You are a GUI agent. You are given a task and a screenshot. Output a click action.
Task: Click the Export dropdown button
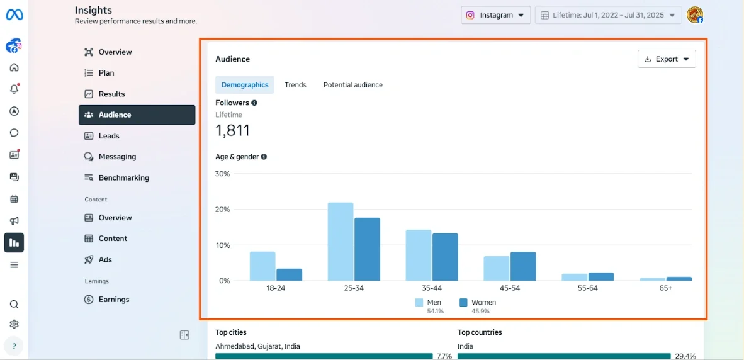(667, 59)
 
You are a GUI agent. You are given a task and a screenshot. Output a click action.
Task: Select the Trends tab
(295, 85)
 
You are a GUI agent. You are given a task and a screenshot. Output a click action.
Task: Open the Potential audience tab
(352, 85)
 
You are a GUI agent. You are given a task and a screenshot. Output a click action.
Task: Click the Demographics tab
(245, 85)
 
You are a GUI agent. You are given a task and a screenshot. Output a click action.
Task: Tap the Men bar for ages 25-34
(341, 242)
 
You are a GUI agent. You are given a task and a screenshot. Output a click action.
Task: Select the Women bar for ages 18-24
(290, 274)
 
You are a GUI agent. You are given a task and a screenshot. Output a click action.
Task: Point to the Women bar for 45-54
(523, 266)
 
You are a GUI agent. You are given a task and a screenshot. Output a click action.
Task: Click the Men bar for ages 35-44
(419, 255)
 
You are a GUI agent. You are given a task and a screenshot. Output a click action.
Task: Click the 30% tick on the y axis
(223, 174)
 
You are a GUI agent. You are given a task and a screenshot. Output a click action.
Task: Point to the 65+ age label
(665, 288)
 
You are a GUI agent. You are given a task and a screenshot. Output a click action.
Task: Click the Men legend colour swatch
(419, 303)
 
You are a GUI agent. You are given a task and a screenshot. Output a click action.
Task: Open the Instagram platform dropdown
(495, 15)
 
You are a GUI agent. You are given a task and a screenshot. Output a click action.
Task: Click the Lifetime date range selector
(608, 15)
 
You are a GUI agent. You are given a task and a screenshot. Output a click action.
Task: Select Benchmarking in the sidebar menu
(123, 178)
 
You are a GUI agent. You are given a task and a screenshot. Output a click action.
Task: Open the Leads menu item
(109, 136)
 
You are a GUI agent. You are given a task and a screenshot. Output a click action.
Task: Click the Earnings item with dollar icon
(113, 300)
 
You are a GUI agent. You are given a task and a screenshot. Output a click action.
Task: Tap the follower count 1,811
(233, 130)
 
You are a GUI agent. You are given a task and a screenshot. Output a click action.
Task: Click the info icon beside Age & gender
(264, 157)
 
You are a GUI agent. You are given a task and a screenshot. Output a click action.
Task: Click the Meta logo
(14, 15)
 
